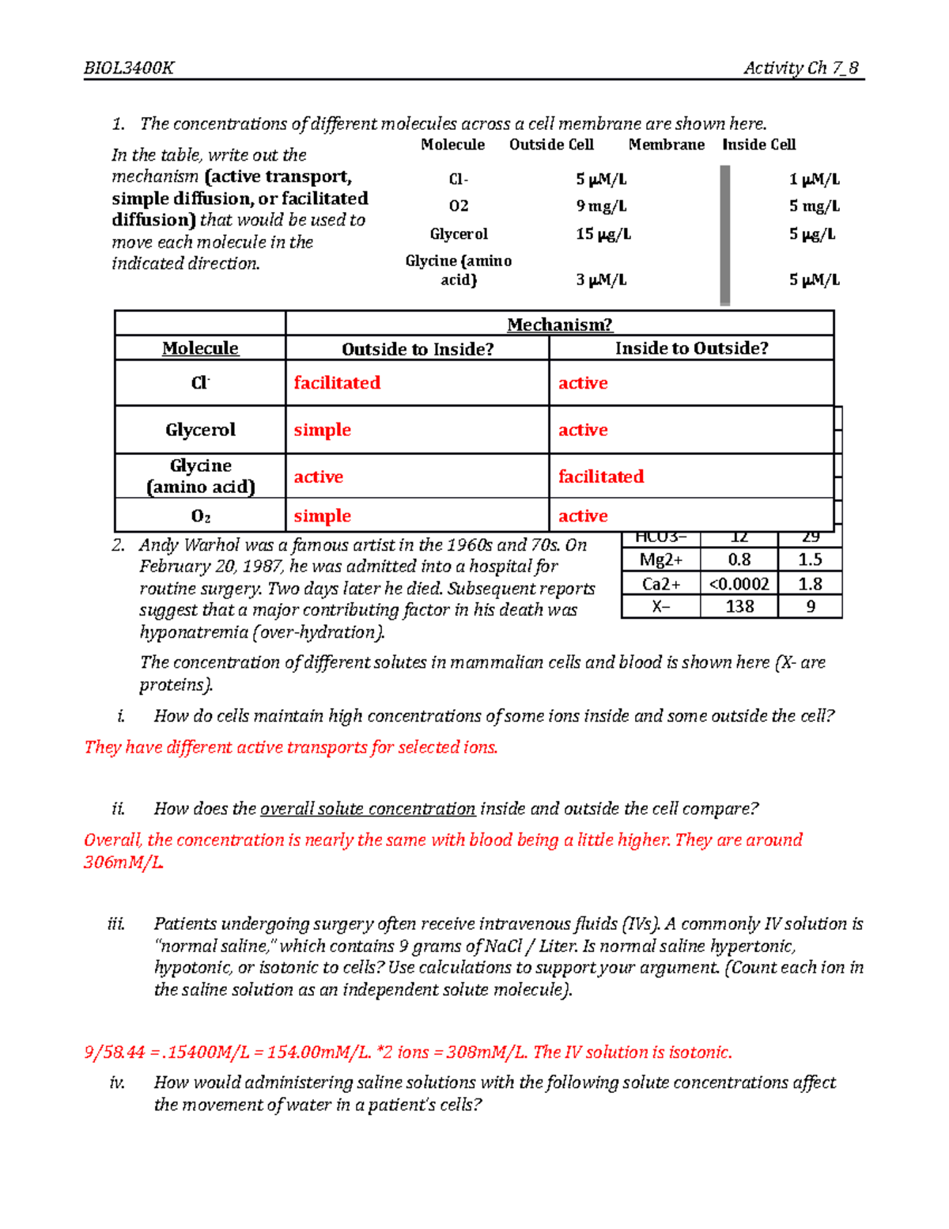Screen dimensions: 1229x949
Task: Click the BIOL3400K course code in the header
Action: click(129, 68)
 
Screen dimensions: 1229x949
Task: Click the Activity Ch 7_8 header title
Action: click(800, 68)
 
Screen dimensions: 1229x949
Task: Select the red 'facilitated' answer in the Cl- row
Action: click(337, 383)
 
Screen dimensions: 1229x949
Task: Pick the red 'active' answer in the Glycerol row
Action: click(583, 430)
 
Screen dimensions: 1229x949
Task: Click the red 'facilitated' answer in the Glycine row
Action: click(601, 476)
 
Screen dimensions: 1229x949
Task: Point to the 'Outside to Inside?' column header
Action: click(418, 349)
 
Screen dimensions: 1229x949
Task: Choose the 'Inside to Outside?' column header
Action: click(691, 348)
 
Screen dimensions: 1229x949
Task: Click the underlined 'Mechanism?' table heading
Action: click(559, 324)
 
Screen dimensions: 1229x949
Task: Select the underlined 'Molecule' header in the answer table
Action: click(200, 348)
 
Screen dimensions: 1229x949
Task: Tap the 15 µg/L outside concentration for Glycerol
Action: click(603, 234)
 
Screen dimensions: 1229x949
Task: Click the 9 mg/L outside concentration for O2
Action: click(601, 207)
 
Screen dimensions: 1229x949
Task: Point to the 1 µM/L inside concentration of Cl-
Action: click(814, 180)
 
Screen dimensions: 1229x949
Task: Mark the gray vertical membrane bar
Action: click(724, 234)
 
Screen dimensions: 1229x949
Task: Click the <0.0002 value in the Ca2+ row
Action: click(739, 584)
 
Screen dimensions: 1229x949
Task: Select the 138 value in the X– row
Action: click(739, 607)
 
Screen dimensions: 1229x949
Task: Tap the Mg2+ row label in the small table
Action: click(660, 560)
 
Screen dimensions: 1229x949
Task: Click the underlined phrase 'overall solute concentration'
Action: click(368, 809)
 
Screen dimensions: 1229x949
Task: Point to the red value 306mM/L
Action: click(123, 863)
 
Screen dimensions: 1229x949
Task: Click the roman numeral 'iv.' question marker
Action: click(118, 1083)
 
